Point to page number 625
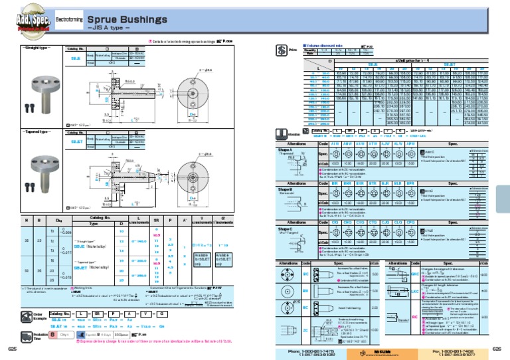coord(12,348)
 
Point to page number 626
coord(497,348)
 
